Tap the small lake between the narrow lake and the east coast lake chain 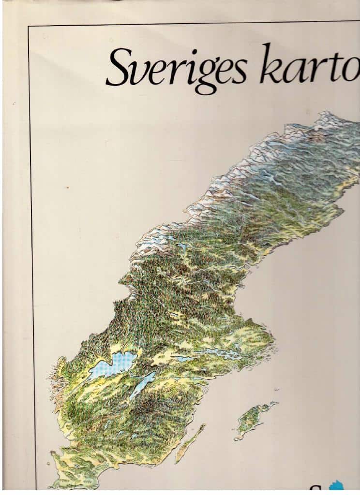click(183, 359)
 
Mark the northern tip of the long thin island click(204, 425)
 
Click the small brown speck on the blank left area click(67, 187)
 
